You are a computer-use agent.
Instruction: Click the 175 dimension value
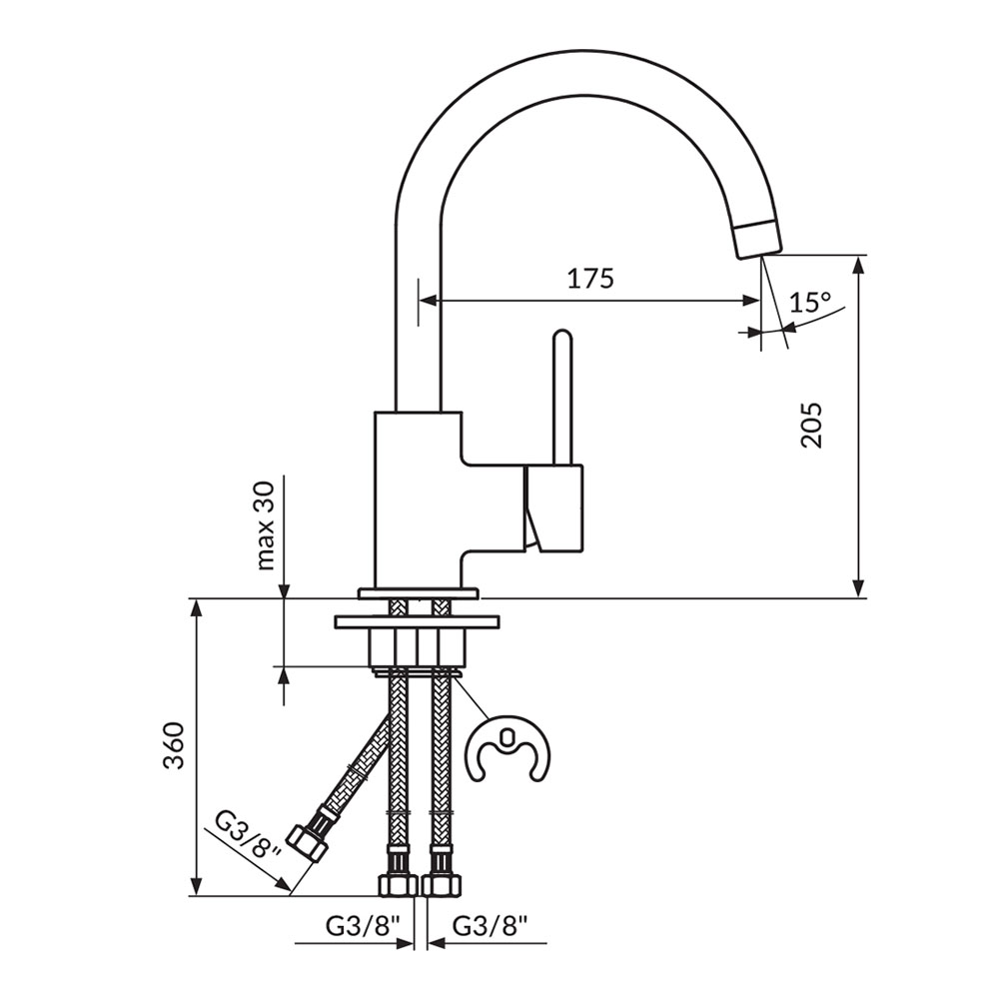[x=590, y=279]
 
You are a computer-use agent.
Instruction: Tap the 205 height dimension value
[x=812, y=425]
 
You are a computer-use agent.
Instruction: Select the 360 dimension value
[x=173, y=745]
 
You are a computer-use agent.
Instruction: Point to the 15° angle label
[x=810, y=302]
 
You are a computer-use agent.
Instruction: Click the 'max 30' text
[x=266, y=525]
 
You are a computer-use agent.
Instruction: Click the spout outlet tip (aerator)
[x=757, y=237]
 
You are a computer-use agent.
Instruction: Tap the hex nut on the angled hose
[x=308, y=841]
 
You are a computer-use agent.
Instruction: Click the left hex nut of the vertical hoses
[x=398, y=884]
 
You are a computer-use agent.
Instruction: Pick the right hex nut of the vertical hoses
[x=441, y=884]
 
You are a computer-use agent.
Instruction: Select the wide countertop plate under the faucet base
[x=418, y=620]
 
